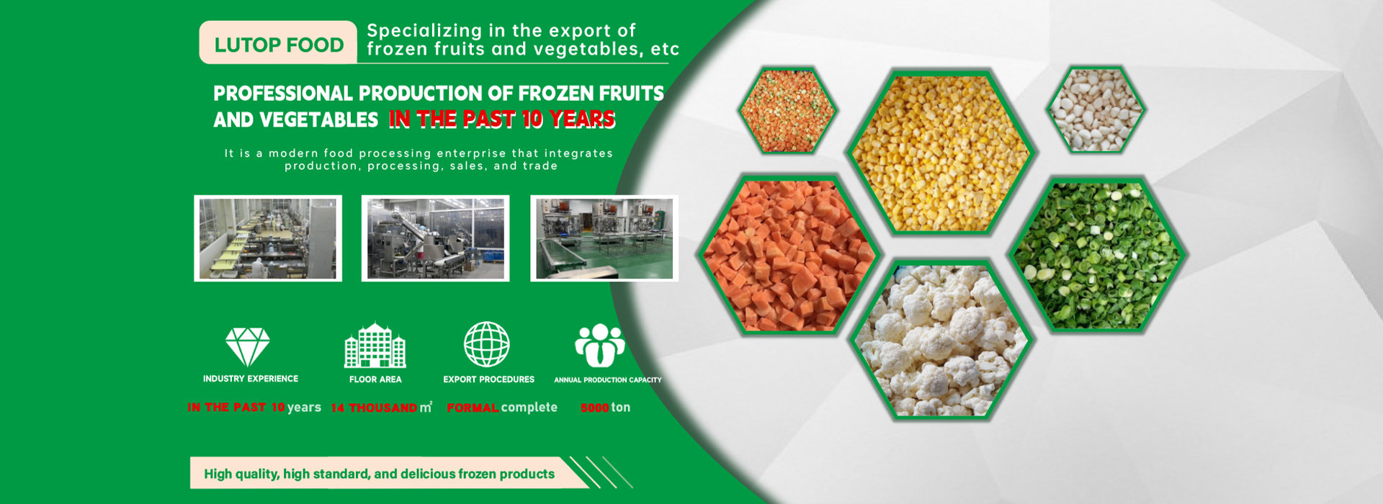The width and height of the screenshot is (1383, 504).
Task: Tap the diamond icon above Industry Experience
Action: point(248,347)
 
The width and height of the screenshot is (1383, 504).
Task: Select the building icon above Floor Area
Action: point(375,345)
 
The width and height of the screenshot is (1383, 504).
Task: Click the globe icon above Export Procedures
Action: point(487,344)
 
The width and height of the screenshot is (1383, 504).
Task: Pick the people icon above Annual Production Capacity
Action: point(600,346)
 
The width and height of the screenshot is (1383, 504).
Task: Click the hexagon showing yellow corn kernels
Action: point(941,153)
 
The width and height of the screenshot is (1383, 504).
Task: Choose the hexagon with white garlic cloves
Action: point(1096,110)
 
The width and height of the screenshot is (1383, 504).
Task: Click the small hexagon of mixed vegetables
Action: point(787,109)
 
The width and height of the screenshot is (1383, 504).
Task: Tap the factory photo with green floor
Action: point(604,238)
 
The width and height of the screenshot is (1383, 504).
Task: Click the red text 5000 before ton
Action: point(595,408)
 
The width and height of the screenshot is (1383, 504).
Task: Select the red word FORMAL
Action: point(473,408)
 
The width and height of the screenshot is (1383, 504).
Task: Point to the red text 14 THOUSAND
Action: point(374,408)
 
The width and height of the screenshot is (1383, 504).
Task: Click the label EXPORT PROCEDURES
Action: point(488,379)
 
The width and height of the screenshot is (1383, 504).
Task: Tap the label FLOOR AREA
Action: point(375,379)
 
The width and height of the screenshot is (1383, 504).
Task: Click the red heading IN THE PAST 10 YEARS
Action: point(502,119)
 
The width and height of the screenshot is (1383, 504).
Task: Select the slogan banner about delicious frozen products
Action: point(389,473)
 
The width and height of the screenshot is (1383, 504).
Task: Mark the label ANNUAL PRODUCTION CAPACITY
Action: point(607,379)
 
